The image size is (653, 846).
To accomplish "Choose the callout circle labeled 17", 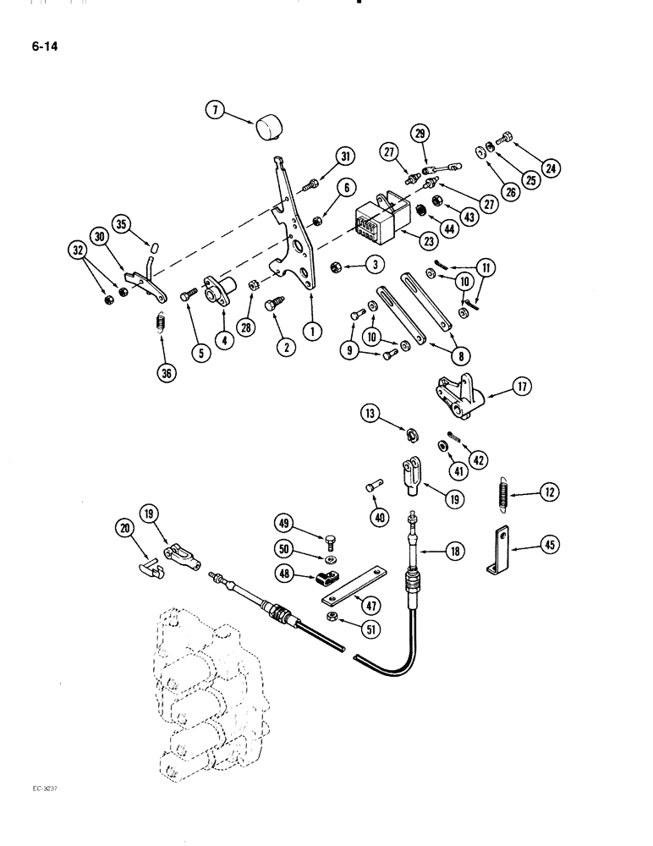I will [517, 390].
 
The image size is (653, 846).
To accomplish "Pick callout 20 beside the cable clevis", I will [123, 530].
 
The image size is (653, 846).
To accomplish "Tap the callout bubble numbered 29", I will [420, 133].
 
